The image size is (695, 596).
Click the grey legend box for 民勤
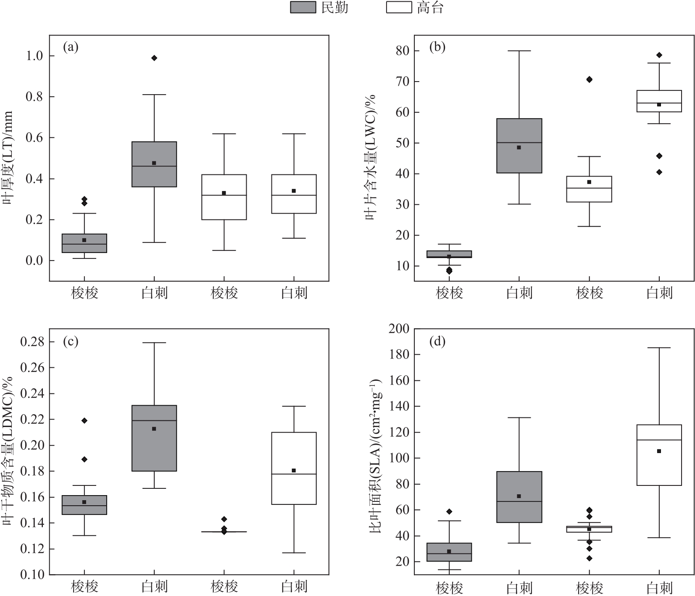303,8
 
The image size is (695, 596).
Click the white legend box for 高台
398,8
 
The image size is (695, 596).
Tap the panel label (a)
71,47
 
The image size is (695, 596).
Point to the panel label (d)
437,341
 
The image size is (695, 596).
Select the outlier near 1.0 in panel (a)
154,58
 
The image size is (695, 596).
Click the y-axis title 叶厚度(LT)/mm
8,158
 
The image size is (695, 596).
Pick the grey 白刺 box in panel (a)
154,164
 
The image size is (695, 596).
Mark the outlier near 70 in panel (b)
589,79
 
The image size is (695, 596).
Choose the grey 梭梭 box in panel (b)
449,254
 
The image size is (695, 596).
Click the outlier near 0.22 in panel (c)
84,420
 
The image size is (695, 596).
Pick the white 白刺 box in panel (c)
294,468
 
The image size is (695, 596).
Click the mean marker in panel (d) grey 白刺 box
519,496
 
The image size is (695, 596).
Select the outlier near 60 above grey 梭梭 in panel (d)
449,512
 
